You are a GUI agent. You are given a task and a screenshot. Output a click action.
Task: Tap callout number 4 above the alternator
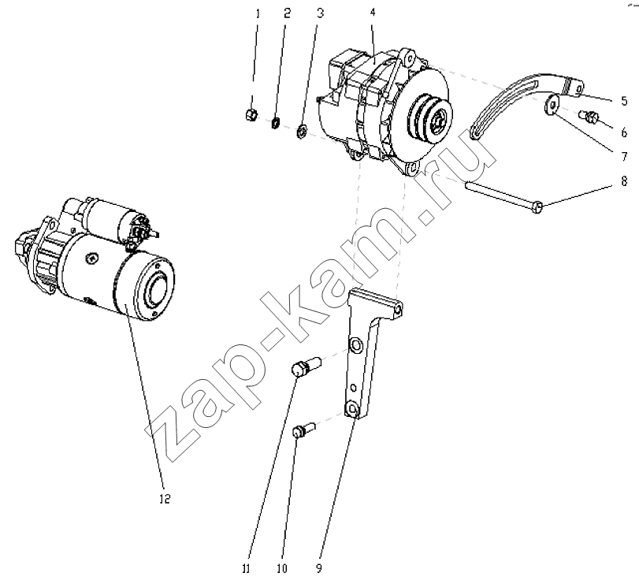373,13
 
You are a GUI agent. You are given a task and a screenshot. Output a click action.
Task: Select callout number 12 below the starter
165,499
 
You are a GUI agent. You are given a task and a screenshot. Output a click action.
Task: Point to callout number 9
319,568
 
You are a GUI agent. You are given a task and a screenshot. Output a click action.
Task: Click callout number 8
624,180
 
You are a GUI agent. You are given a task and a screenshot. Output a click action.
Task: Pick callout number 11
246,568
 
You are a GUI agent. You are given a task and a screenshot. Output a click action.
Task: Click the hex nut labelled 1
251,115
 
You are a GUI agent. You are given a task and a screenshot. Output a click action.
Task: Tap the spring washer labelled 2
276,122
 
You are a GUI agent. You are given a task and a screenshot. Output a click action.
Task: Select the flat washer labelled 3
301,132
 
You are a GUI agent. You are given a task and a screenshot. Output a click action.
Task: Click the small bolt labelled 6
589,117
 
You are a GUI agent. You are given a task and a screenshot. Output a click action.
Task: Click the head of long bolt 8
538,207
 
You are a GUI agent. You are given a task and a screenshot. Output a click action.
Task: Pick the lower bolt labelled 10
303,430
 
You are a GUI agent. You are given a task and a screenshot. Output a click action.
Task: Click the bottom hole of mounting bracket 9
351,408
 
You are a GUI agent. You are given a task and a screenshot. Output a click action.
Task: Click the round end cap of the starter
156,288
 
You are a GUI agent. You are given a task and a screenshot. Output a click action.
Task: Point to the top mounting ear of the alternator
407,56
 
